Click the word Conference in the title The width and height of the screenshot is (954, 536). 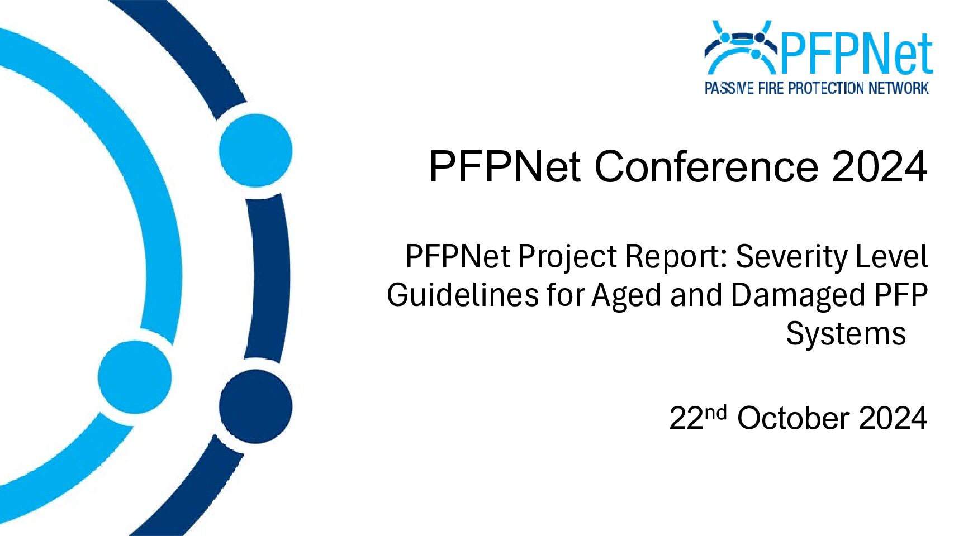[706, 166]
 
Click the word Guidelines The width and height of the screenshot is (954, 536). [462, 295]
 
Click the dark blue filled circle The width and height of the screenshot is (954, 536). [255, 406]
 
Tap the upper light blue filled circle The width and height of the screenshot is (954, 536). [255, 151]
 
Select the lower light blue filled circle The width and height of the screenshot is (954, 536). [135, 377]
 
